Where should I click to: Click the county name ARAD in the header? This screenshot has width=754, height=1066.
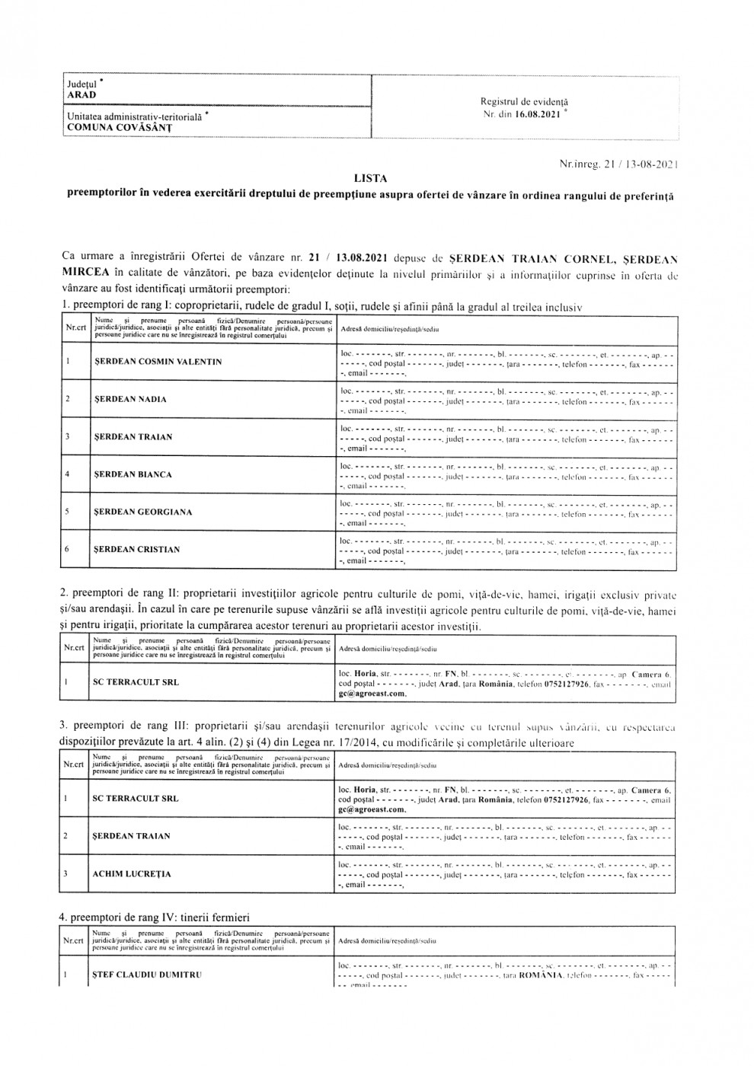[81, 95]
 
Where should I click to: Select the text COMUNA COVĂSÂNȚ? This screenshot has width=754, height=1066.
[119, 127]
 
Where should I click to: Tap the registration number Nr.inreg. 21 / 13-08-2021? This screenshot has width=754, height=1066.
[618, 164]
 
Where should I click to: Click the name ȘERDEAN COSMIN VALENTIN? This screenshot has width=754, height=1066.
[158, 362]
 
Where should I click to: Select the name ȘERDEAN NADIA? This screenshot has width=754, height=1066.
[130, 399]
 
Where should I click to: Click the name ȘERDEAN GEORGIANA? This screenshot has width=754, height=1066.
[142, 512]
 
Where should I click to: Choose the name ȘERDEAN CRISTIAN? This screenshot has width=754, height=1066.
[136, 549]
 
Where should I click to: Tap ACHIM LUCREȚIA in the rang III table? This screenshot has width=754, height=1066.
[132, 874]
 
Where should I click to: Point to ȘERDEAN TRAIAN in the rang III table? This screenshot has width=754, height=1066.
[131, 836]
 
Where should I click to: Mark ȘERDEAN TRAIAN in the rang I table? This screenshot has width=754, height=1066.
[133, 437]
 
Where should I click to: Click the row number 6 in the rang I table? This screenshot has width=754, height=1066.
[68, 549]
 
